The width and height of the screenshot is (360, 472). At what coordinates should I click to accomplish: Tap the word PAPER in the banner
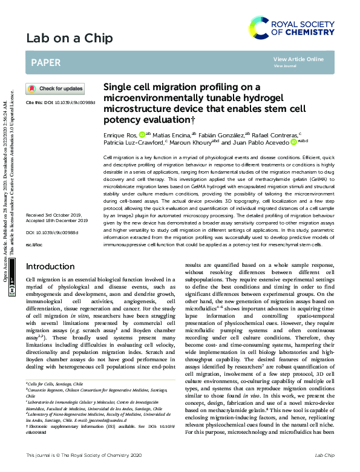45,62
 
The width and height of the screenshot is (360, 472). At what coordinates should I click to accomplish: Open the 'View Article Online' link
298,59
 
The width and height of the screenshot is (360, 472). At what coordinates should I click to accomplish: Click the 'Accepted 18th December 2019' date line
57,221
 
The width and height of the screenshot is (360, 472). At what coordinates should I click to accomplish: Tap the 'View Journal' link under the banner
285,66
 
